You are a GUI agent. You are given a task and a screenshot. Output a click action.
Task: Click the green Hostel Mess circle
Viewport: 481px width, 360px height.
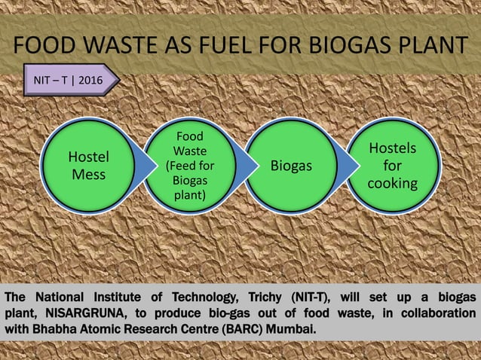coord(88,166)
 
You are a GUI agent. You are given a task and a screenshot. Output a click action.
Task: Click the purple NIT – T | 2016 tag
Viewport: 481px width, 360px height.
coord(69,79)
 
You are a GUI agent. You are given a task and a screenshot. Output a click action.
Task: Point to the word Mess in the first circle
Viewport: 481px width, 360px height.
coord(88,175)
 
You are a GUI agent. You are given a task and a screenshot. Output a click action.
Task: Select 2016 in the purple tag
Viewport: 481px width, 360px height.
coord(90,79)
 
